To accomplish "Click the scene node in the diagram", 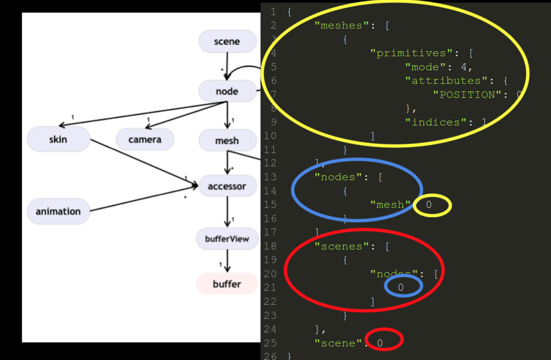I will pos(228,42).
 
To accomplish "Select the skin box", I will pos(58,139).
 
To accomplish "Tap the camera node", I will pos(145,140).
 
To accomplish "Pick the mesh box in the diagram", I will pos(227,141).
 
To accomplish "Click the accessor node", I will pos(227,186).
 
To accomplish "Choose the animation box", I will pos(58,211).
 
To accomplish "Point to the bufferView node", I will pos(227,239).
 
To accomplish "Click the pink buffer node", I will pos(227,284).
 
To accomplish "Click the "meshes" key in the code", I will pos(342,26).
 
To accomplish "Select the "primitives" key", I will pos(404,53).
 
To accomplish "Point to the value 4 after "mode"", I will pos(464,67).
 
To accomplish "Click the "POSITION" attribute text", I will pos(467,94).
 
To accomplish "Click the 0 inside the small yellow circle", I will pos(429,205).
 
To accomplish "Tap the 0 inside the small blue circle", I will pos(401,287).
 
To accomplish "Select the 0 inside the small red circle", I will pos(380,343).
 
